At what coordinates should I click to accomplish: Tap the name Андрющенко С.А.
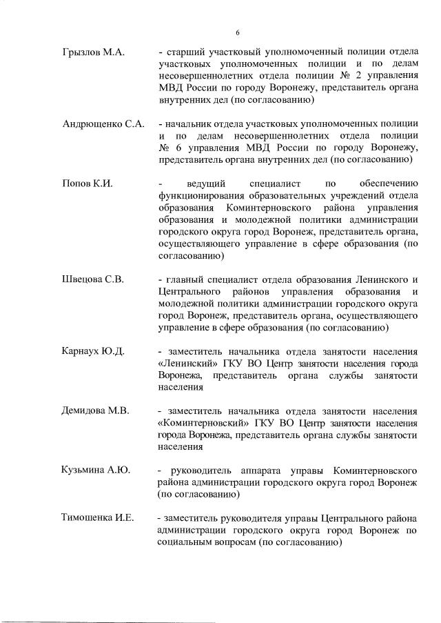tap(103, 124)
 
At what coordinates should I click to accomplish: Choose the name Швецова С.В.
tap(93, 279)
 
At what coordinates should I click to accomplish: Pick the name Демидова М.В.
tap(96, 411)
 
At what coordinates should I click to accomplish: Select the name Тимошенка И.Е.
tap(98, 518)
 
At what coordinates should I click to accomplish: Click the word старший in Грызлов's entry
tap(183, 52)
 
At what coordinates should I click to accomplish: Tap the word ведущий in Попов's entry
tap(209, 184)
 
